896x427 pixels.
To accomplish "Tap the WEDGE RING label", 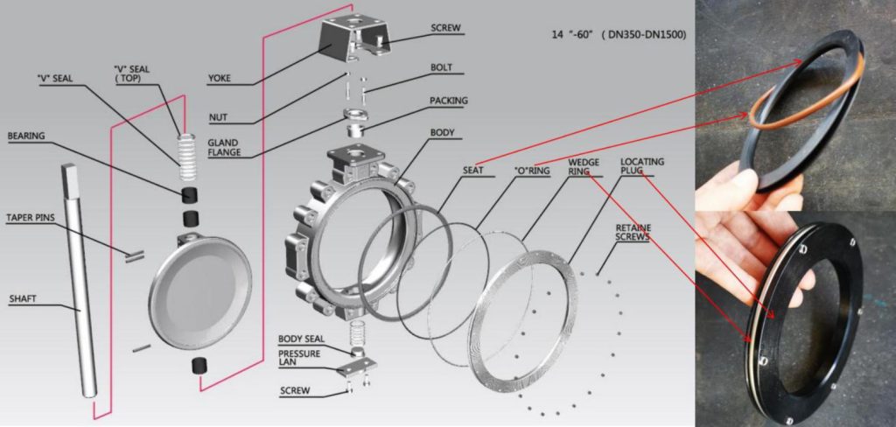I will (x=584, y=167).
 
